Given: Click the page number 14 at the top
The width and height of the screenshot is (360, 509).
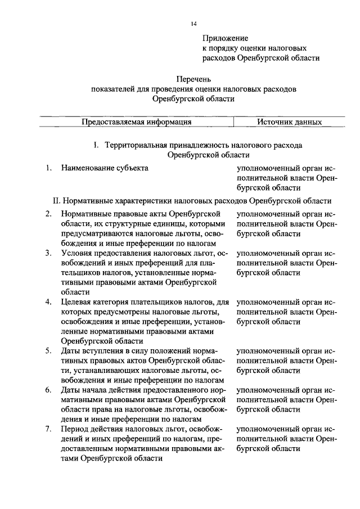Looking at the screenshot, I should [x=193, y=23].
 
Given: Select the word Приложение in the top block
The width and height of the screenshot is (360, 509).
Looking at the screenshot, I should [x=225, y=38].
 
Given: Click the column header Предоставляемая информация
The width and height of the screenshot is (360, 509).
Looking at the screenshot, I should [x=137, y=121].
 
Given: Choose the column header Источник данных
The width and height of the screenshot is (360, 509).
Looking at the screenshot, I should [x=290, y=121].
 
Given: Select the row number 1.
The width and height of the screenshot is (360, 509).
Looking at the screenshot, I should [x=49, y=168].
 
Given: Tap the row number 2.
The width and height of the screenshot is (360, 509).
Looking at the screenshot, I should [x=49, y=213].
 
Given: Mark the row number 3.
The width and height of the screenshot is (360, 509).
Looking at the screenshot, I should [x=49, y=253].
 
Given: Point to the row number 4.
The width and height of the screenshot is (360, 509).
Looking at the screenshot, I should [x=49, y=302].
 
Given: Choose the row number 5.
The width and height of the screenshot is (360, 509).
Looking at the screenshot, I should [x=49, y=351].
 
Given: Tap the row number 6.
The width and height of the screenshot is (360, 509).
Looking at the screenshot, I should [x=49, y=390].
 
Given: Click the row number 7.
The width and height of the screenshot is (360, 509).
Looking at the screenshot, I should [x=49, y=430].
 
